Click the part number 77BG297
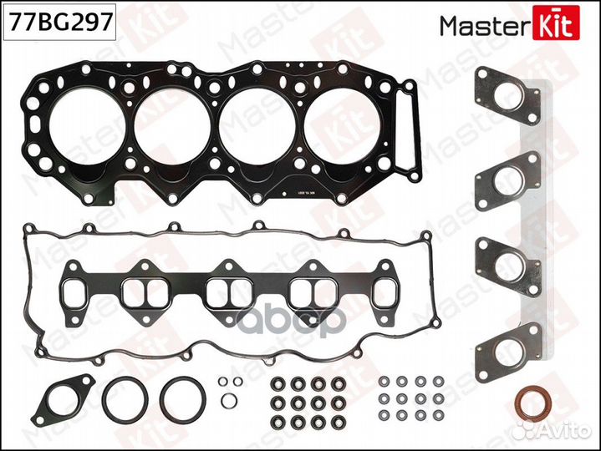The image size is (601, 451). point(59,23)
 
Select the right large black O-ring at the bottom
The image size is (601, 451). point(181,398)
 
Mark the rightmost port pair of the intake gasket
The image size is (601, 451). point(313,291)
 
